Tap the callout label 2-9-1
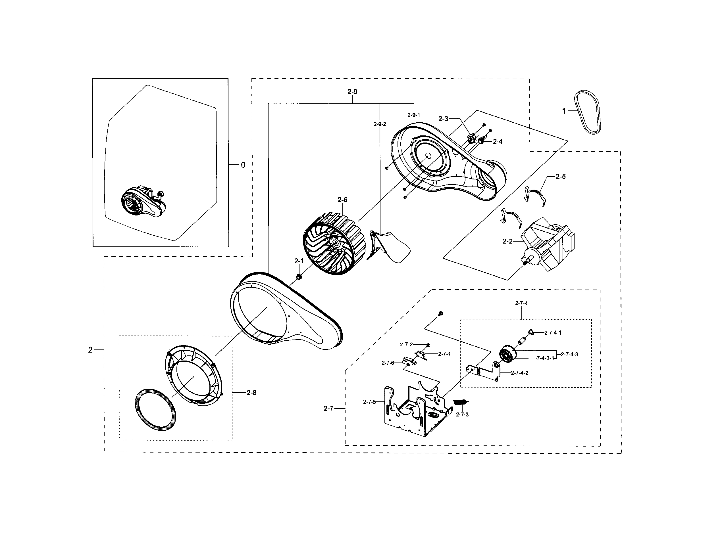click(414, 115)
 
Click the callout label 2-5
click(560, 176)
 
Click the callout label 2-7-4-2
click(519, 373)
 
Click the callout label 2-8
click(251, 393)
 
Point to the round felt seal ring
click(155, 410)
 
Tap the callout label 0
click(243, 165)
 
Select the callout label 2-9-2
click(380, 124)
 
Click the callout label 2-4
click(497, 141)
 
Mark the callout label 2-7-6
click(388, 363)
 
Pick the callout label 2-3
click(443, 119)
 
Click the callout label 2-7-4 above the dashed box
click(521, 303)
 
